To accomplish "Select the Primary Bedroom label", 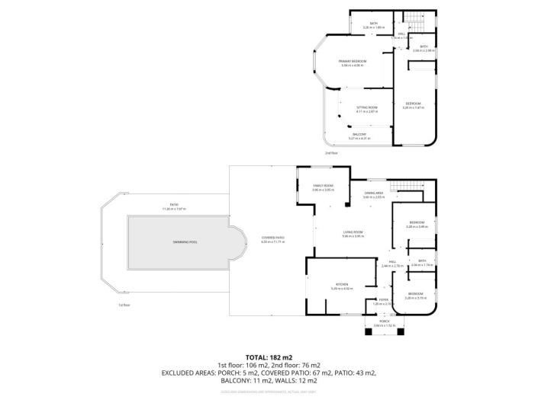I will [x=353, y=60].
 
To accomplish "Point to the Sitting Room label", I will [x=367, y=107].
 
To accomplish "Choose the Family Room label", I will [x=324, y=186].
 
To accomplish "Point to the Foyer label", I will [x=384, y=299].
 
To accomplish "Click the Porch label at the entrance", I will [x=385, y=322].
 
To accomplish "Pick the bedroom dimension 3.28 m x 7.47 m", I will [x=413, y=107].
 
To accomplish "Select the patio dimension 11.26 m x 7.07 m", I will [x=173, y=208].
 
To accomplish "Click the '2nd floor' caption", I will [x=331, y=152].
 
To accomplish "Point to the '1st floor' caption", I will [x=124, y=305].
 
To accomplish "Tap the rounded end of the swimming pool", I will [x=238, y=243].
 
